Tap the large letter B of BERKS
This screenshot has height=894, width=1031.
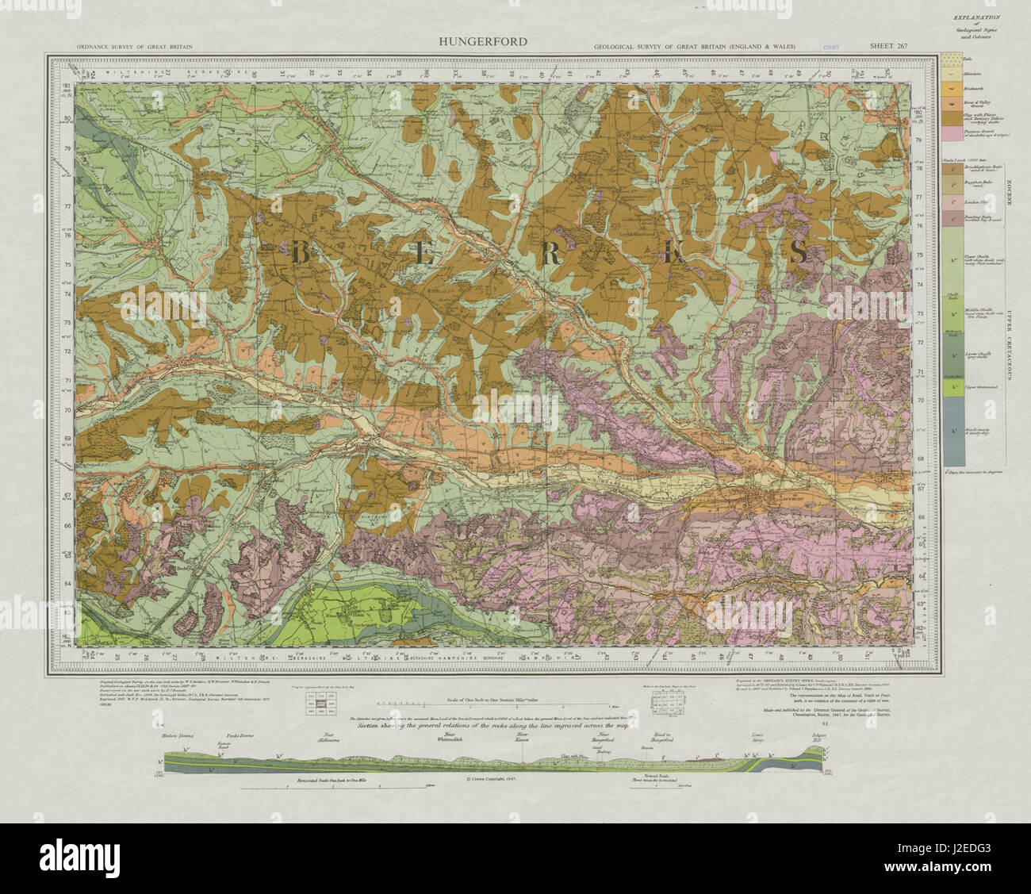pos(301,253)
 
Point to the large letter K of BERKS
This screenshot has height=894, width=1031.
pos(676,253)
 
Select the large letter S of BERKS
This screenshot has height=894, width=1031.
pos(798,252)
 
